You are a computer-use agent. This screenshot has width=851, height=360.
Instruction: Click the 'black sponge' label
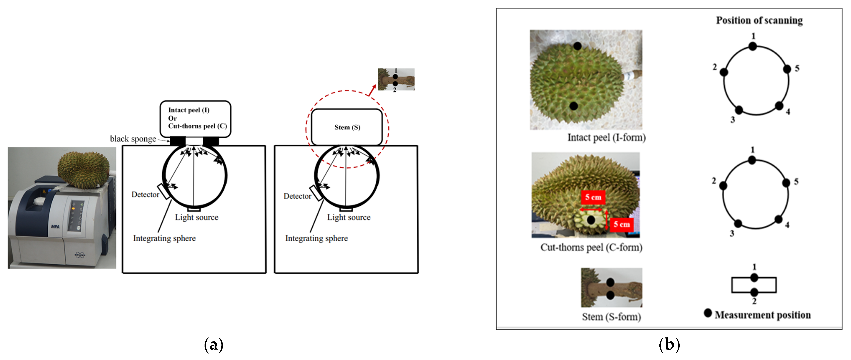pyautogui.click(x=133, y=139)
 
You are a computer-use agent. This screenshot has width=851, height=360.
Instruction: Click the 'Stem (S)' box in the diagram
pyautogui.click(x=347, y=127)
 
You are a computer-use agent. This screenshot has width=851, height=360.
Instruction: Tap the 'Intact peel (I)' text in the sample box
pyautogui.click(x=189, y=110)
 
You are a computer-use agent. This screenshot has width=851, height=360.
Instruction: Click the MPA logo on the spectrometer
pyautogui.click(x=55, y=227)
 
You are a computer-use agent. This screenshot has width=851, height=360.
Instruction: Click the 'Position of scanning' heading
pyautogui.click(x=759, y=20)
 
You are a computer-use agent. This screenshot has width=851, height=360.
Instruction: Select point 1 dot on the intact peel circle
pyautogui.click(x=753, y=47)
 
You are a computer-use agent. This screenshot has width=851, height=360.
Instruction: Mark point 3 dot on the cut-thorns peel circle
pyautogui.click(x=738, y=224)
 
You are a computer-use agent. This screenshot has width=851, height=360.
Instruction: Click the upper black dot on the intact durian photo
pyautogui.click(x=577, y=46)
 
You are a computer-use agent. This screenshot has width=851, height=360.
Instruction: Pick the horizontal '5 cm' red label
pyautogui.click(x=593, y=197)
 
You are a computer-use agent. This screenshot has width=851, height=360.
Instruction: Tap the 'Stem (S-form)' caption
pyautogui.click(x=611, y=317)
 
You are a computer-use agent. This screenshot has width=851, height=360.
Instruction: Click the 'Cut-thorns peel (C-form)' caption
pyautogui.click(x=591, y=247)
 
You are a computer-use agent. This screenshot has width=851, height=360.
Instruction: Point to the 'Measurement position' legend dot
pyautogui.click(x=708, y=313)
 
